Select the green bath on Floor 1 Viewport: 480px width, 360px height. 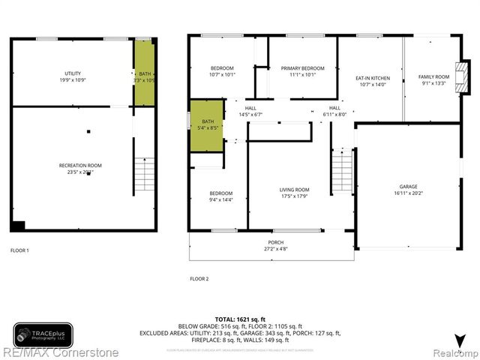tap(145, 73)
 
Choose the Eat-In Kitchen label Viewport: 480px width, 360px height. tap(372, 82)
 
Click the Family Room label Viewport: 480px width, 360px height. tap(433, 80)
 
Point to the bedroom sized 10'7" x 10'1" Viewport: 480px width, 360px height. tap(222, 71)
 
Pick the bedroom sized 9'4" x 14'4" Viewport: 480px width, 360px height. tap(220, 196)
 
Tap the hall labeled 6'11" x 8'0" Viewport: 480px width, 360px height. tap(330, 111)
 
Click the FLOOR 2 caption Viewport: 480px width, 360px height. tap(199, 278)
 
